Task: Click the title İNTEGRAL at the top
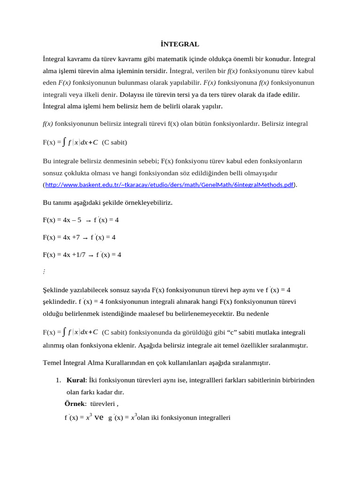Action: pyautogui.click(x=180, y=44)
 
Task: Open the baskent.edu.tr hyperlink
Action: pyautogui.click(x=169, y=185)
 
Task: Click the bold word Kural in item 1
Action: pyautogui.click(x=75, y=380)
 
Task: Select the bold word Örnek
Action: pyautogui.click(x=75, y=404)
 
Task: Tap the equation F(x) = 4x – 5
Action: pyautogui.click(x=62, y=219)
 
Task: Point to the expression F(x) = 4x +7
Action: pyautogui.click(x=61, y=237)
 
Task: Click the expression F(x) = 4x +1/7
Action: pyautogui.click(x=64, y=255)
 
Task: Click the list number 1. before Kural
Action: pyautogui.click(x=58, y=380)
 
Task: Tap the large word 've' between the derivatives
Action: pyautogui.click(x=99, y=416)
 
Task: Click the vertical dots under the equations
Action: pyautogui.click(x=44, y=272)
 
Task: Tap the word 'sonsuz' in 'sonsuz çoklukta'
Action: pyautogui.click(x=52, y=173)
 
